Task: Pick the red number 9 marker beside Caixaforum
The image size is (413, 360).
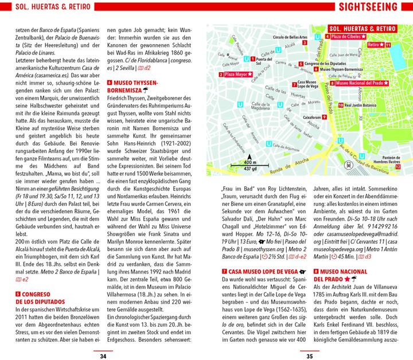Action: click(x=324, y=117)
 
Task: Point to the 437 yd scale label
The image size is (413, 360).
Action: click(x=251, y=170)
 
